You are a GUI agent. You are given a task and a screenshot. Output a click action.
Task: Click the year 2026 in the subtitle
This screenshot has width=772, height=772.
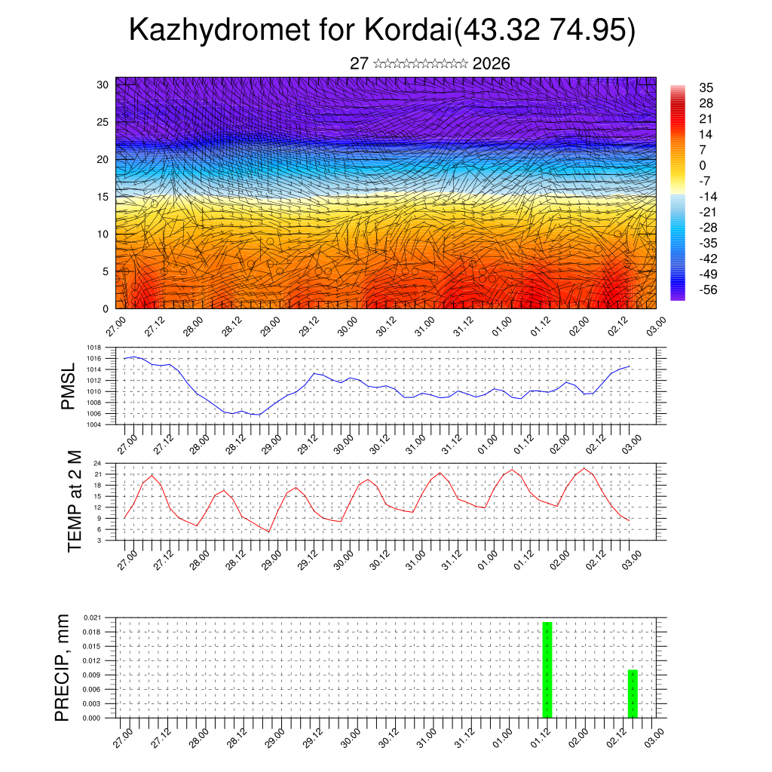pos(491,64)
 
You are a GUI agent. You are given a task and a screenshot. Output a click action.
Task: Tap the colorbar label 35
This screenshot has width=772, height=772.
pos(706,87)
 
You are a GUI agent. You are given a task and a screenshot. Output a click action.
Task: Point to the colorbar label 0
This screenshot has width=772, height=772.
pos(703,165)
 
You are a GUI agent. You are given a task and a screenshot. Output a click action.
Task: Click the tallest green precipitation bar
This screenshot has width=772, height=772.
pos(547,669)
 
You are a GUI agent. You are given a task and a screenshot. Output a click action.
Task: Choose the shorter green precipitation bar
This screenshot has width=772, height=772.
pos(633,694)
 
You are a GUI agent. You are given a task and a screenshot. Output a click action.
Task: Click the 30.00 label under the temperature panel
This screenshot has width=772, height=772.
pos(344,558)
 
